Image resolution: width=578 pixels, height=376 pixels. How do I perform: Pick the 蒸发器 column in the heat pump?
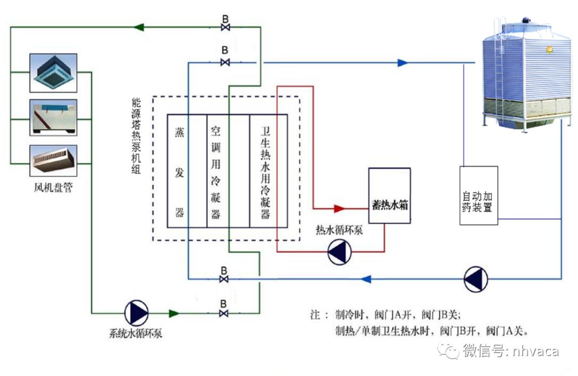coord(179,171)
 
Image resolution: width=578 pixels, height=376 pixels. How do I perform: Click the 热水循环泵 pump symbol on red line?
coord(339,252)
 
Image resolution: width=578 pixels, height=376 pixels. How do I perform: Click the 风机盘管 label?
coord(52,188)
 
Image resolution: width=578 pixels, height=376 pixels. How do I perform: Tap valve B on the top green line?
coord(225,27)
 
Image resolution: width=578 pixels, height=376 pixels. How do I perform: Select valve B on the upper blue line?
coord(225,63)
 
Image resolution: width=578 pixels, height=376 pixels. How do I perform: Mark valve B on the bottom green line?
coord(224,313)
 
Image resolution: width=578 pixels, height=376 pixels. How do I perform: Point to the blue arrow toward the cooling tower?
coord(402,63)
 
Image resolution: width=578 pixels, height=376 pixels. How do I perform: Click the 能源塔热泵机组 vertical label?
coord(137,136)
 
